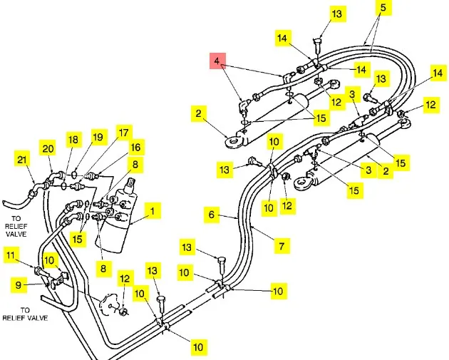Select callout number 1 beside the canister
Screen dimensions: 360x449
(x=151, y=211)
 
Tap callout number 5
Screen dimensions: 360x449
(x=382, y=9)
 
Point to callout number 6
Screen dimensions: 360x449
(x=211, y=213)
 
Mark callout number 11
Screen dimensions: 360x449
(x=10, y=254)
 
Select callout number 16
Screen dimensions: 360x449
(x=135, y=147)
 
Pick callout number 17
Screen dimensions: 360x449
(x=124, y=132)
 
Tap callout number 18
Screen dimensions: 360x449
(x=73, y=140)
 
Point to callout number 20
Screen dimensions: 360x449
(x=48, y=148)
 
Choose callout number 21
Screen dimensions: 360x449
(x=22, y=159)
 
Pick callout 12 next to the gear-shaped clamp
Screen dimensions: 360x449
(x=125, y=279)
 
